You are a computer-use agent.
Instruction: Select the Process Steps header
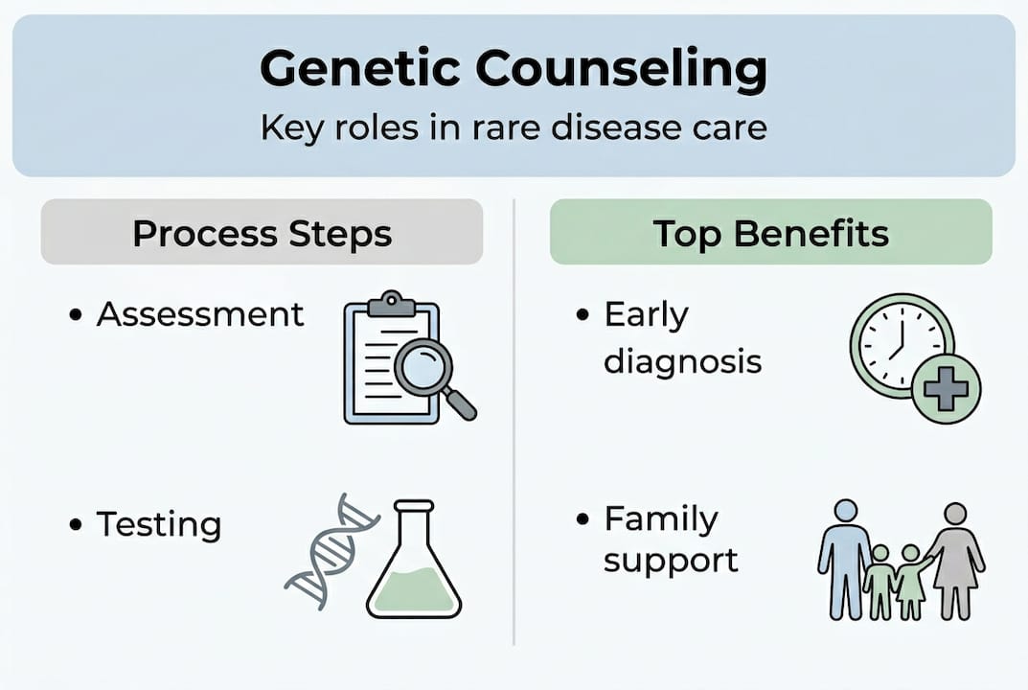point(263,234)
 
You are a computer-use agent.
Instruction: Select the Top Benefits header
point(771,233)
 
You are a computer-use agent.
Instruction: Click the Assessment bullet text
point(200,314)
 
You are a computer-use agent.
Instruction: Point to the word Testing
point(159,525)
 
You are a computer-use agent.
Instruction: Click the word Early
point(647,316)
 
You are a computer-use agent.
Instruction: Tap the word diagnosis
point(682,362)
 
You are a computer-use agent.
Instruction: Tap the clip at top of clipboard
point(392,304)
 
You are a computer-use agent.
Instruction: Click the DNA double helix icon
point(331,551)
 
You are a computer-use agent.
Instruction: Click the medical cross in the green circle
point(946,389)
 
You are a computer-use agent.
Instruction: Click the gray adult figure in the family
point(956,562)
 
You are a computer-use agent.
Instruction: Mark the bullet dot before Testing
point(76,525)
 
